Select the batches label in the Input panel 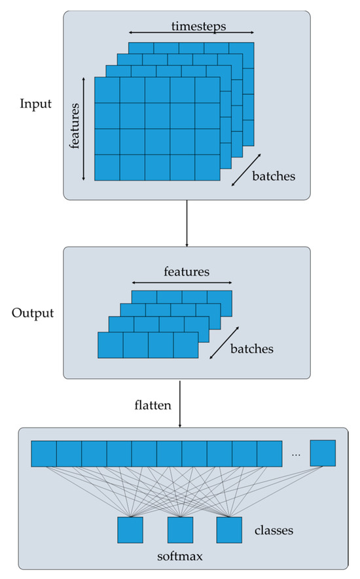[x=274, y=176]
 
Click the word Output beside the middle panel [x=32, y=312]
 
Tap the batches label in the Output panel [x=251, y=349]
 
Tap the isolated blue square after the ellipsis [x=323, y=452]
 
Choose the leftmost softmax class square [x=130, y=530]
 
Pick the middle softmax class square [x=180, y=530]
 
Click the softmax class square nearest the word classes [x=229, y=530]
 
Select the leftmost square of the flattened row [x=44, y=452]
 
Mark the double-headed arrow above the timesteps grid [x=190, y=32]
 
